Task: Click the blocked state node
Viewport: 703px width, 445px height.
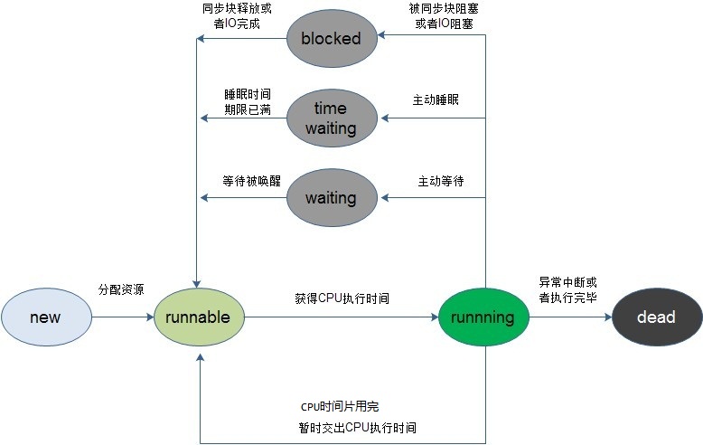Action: point(331,38)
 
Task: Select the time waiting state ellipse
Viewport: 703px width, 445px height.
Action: point(331,118)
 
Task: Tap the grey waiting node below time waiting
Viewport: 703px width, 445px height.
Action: point(331,197)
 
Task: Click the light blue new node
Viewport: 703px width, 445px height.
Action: point(46,317)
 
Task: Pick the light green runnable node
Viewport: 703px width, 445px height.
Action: point(200,317)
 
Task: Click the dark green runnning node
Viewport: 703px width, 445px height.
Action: point(483,317)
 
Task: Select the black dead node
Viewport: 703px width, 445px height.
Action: point(657,317)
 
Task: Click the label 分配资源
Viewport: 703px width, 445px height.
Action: point(121,289)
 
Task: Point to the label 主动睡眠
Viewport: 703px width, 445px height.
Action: point(436,99)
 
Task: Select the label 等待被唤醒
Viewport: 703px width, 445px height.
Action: point(247,180)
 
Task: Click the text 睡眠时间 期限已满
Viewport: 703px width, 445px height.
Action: point(248,101)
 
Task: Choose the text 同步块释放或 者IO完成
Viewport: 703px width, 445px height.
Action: point(237,15)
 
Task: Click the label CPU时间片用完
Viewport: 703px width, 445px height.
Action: point(340,406)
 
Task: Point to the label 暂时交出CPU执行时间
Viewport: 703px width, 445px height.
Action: point(358,426)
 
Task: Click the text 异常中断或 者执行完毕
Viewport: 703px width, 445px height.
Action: point(567,289)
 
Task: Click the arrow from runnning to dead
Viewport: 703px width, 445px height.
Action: point(569,317)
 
